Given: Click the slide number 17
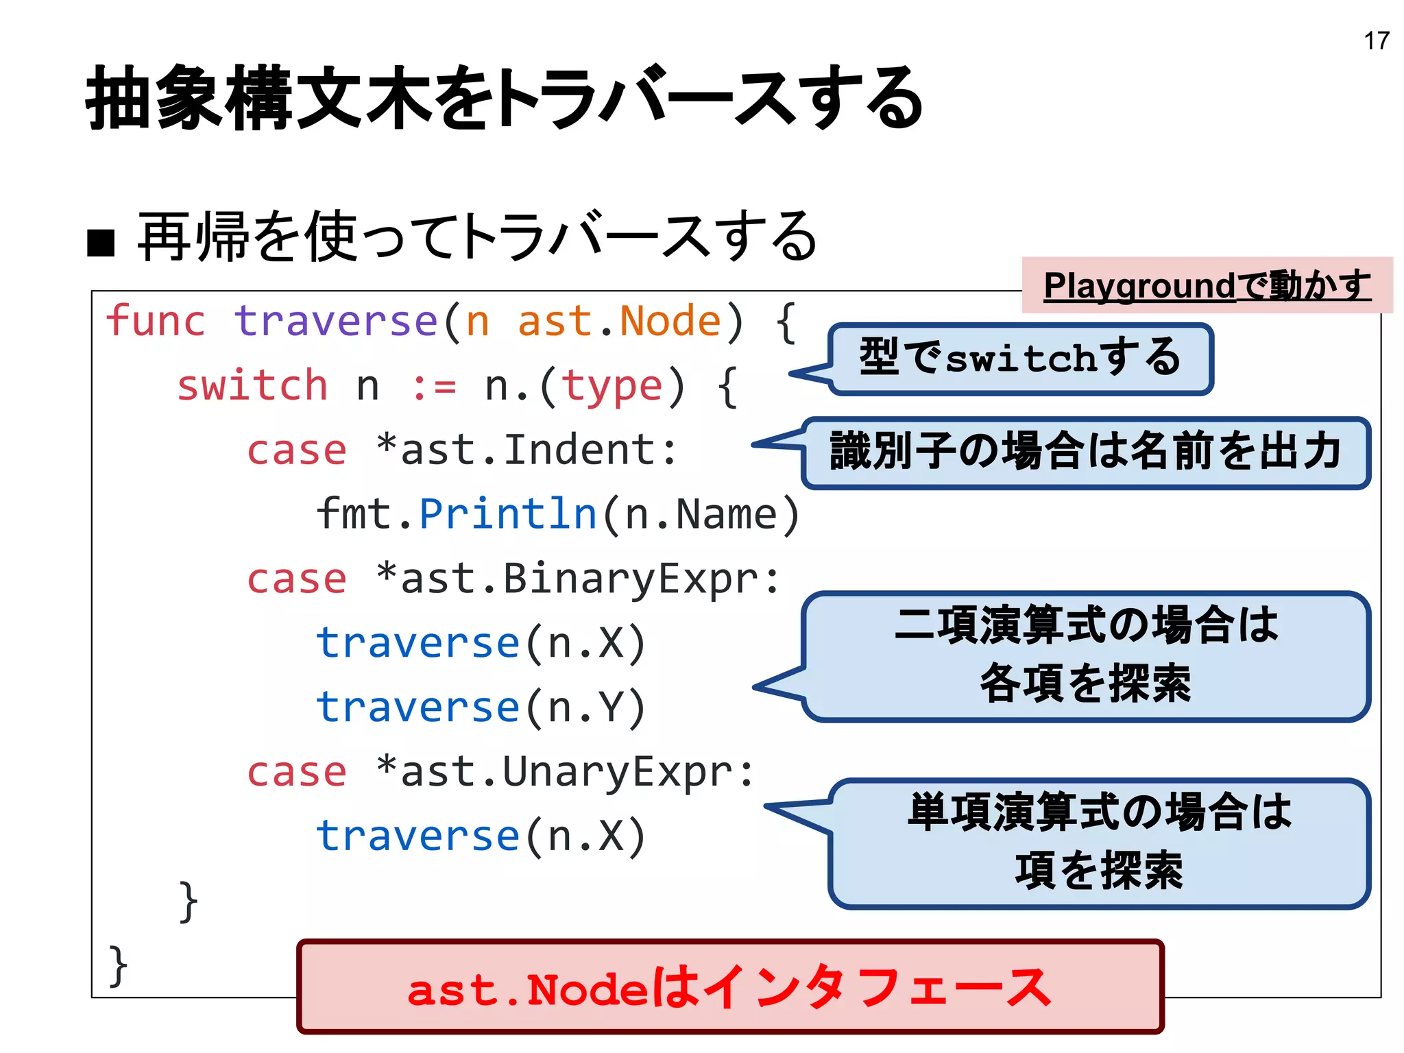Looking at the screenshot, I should (1376, 41).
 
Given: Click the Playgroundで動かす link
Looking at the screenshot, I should (1207, 285).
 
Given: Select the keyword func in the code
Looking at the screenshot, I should (156, 321).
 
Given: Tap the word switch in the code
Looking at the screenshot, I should (252, 385).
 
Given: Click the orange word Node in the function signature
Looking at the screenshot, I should (670, 321).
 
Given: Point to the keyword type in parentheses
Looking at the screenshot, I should (612, 387).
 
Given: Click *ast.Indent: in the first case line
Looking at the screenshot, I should (526, 450).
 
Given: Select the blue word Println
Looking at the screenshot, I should (508, 514).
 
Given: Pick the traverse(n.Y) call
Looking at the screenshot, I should (481, 707).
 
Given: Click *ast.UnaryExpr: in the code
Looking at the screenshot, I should (565, 773).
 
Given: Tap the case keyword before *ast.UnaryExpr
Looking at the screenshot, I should (296, 773).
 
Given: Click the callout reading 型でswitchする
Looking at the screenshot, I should (1020, 359).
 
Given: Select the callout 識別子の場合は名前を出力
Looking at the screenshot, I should (1085, 452).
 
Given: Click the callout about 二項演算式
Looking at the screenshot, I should (1085, 656).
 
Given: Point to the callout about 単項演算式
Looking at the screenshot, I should (1099, 843).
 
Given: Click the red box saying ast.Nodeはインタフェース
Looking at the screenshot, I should (729, 988).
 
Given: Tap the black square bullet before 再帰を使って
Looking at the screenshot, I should (101, 242).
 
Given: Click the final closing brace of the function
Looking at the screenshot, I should (118, 965).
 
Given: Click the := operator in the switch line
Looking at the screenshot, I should (434, 387).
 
